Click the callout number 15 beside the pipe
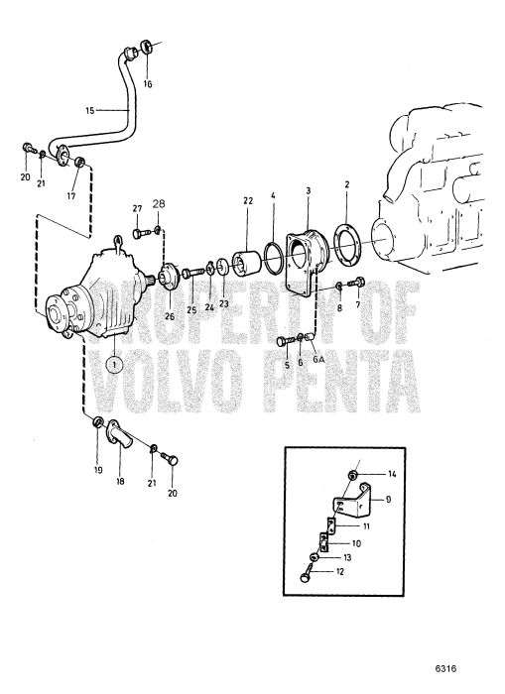point(89,110)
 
